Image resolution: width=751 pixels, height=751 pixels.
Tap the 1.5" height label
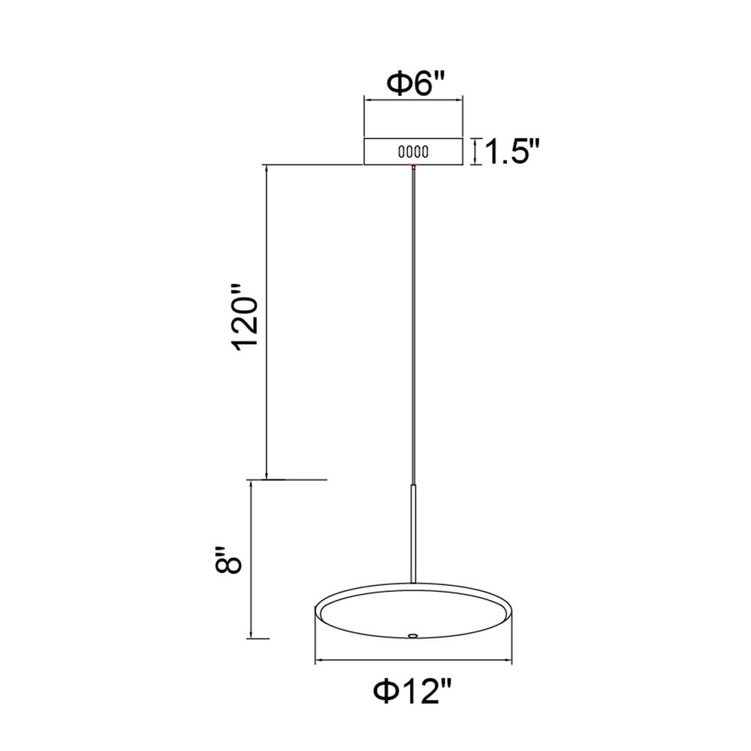(512, 152)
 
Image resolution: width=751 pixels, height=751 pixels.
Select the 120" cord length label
(246, 323)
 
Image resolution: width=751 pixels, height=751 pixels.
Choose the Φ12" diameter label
(413, 692)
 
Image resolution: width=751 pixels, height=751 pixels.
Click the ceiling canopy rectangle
(413, 152)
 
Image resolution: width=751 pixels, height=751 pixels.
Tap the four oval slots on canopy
(413, 152)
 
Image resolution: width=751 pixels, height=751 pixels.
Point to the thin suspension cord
(413, 326)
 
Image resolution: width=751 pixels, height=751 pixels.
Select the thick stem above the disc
(413, 533)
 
